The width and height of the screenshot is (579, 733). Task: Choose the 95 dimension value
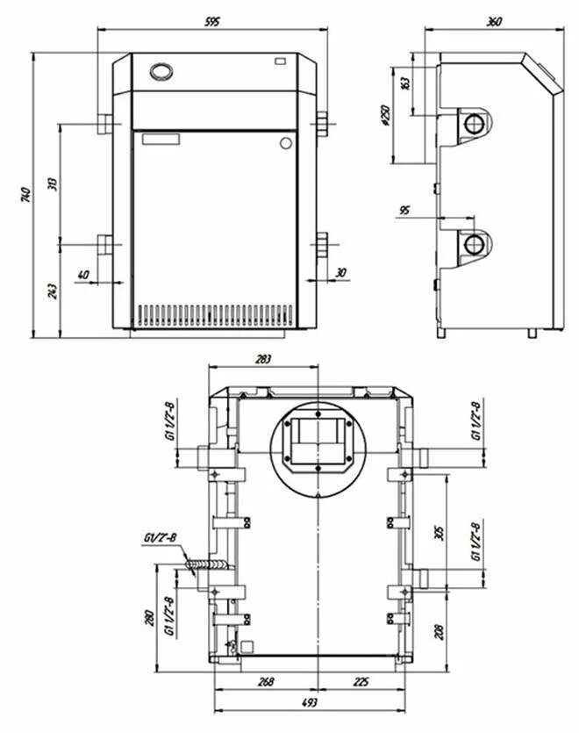coord(404,211)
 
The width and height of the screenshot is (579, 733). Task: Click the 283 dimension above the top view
coord(263,358)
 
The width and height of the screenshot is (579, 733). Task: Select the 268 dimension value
coord(267,682)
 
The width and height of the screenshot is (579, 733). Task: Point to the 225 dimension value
coord(361,682)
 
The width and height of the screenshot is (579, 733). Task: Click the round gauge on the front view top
coord(161,70)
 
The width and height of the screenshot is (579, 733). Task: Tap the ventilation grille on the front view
coord(215,313)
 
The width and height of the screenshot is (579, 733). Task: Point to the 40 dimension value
coord(83,275)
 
